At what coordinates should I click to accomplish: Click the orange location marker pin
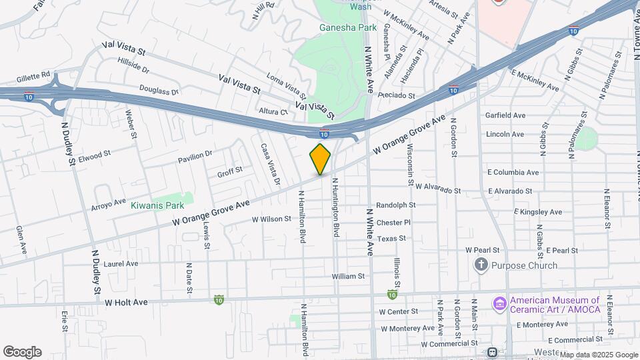pos(320,159)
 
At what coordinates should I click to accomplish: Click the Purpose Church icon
pos(481,265)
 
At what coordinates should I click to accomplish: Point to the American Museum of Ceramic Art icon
pos(499,304)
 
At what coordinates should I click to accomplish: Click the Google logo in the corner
pos(22,352)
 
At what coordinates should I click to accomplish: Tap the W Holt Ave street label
pos(126,302)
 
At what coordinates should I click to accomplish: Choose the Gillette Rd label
pos(26,75)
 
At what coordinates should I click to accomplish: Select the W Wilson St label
pos(271,219)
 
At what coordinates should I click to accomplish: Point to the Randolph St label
pos(395,205)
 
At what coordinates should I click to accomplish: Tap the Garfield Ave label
pos(505,115)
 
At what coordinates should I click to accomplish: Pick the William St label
pos(348,275)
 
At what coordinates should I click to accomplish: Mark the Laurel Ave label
pos(121,264)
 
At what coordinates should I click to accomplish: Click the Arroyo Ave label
pos(109,203)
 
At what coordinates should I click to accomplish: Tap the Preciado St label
pos(395,95)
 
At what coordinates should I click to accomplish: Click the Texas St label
pos(391,238)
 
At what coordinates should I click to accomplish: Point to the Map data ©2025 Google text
pos(598,355)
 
